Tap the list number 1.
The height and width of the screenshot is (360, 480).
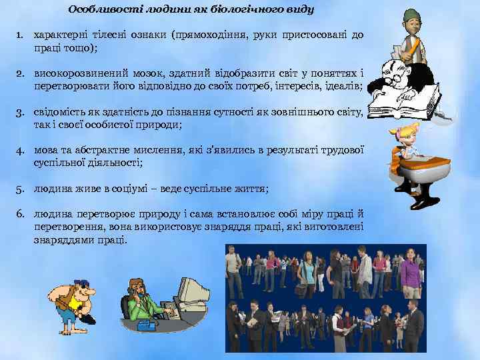21,34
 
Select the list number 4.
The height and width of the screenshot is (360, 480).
21,150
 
